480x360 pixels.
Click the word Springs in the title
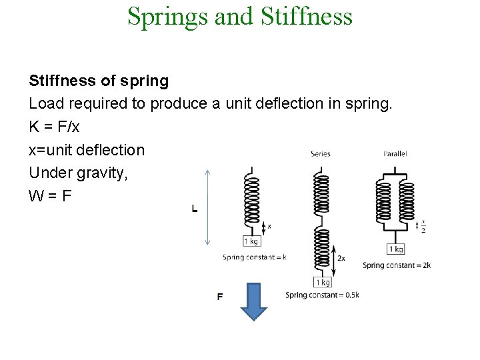tap(167, 16)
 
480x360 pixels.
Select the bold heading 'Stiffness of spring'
tap(99, 81)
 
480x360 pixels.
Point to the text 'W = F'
tap(51, 196)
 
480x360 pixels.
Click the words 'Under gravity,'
tap(78, 173)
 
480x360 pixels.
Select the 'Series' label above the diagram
tap(320, 154)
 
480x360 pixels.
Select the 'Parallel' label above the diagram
tap(395, 154)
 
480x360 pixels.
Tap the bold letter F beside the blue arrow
tap(220, 297)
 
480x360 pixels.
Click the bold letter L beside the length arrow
tap(195, 209)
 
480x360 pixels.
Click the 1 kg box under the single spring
tap(251, 241)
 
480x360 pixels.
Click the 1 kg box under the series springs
tap(322, 282)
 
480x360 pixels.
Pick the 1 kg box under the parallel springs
tap(395, 249)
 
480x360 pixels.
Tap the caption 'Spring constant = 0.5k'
tap(322, 295)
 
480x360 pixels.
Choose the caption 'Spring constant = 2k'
tap(397, 265)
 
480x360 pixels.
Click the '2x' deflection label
tap(341, 258)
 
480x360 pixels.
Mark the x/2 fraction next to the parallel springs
tap(423, 227)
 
